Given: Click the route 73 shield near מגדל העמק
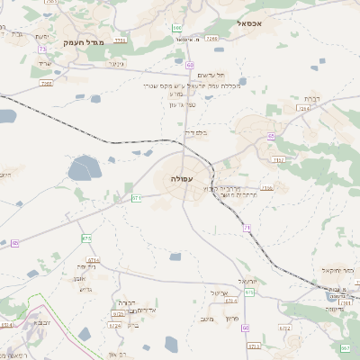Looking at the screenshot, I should coord(42,49).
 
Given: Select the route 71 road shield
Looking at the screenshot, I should coord(247,228).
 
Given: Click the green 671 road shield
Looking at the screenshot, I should coord(137,197).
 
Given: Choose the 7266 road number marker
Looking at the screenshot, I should coord(211,40).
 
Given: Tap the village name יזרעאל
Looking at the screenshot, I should coord(248,282).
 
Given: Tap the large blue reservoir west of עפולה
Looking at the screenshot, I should coord(85,167).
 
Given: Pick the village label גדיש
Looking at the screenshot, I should coord(85,289).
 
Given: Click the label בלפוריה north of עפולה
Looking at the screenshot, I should coord(195,132).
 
